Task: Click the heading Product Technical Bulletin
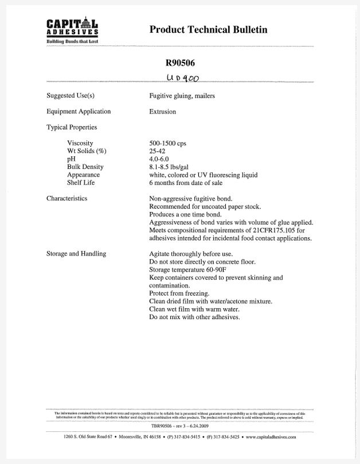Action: [x=208, y=30]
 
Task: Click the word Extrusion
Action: [x=162, y=111]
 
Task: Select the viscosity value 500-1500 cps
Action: [x=167, y=143]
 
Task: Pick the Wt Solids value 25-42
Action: [x=156, y=151]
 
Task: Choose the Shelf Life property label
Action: [x=81, y=183]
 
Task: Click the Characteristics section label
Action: [x=66, y=198]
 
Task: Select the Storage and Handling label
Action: [x=76, y=253]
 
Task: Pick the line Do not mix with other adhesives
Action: [x=194, y=317]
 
